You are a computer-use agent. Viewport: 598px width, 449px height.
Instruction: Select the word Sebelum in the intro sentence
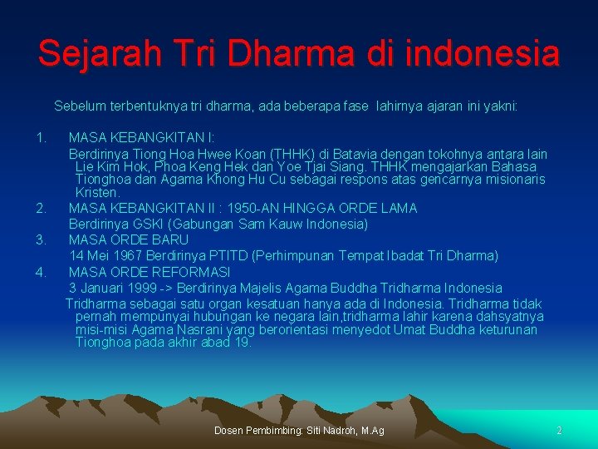tap(79, 106)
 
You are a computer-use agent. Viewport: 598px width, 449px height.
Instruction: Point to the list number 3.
tap(41, 239)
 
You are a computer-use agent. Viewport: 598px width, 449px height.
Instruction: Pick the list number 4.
tap(41, 272)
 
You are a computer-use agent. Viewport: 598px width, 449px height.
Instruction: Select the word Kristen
tap(96, 192)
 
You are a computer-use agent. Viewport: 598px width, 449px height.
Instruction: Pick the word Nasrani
tap(219, 330)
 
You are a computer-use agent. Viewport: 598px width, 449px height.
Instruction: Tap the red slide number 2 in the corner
tap(559, 430)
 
